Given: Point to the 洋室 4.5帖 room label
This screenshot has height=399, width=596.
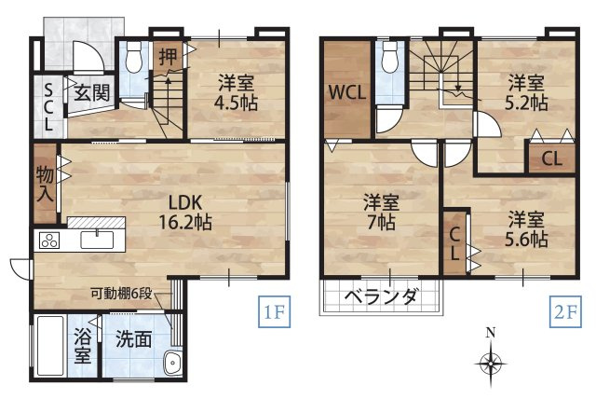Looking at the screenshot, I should (236, 89).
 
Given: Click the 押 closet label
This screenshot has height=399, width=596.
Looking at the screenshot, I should (167, 57).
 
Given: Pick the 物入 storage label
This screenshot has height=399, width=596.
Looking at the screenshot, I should (45, 184).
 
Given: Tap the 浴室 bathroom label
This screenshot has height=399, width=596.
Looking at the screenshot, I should (82, 345).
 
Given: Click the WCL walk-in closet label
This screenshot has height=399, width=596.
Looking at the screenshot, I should (345, 92).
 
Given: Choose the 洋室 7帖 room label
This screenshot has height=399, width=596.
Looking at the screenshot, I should (381, 212).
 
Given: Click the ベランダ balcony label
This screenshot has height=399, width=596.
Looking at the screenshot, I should (381, 297).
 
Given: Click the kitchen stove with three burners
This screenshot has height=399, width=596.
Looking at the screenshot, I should (48, 241).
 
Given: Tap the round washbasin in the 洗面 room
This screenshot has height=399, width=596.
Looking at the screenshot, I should (170, 364).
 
